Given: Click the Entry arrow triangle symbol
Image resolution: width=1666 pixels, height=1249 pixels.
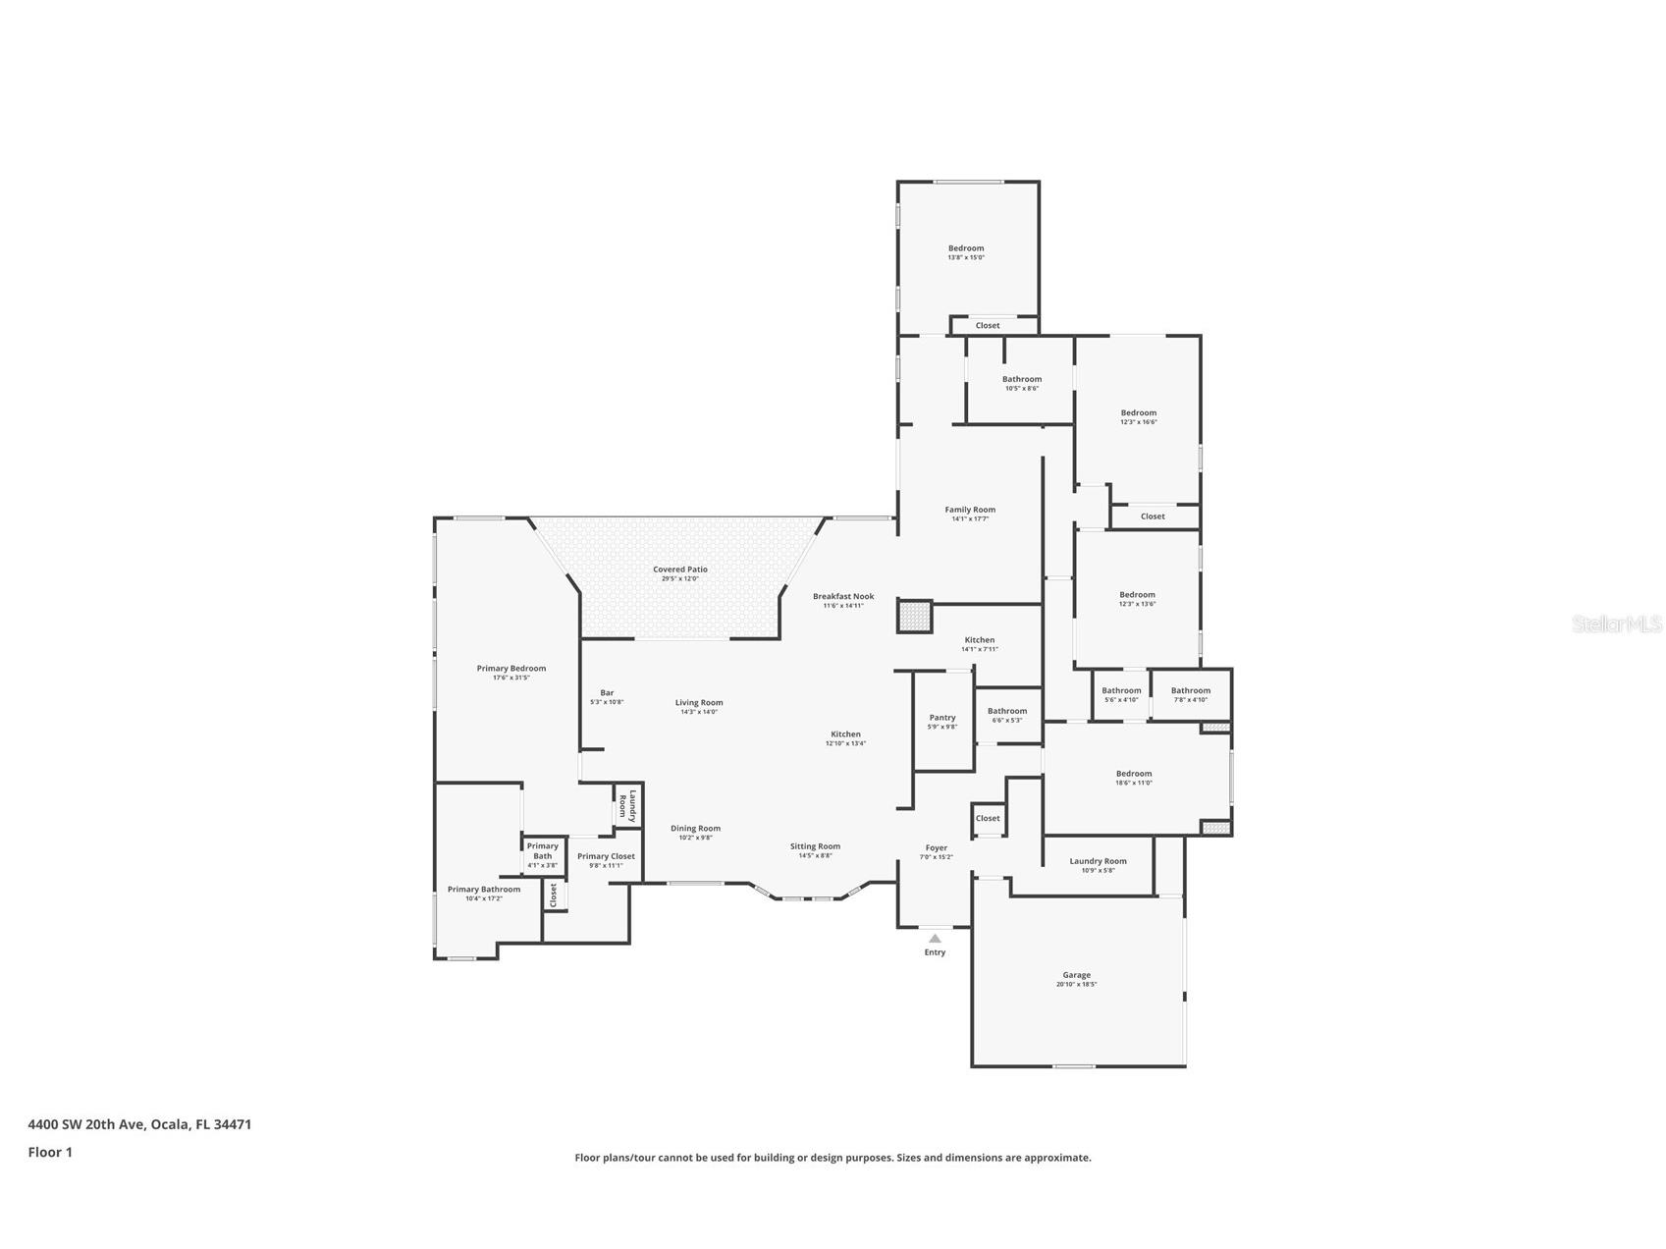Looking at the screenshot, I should (x=935, y=939).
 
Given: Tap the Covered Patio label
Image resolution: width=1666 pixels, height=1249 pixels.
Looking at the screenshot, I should (x=680, y=570).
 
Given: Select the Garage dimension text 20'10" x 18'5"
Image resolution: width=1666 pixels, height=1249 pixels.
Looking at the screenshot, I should (x=1076, y=984).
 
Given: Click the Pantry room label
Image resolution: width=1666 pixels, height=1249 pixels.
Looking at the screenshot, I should (x=941, y=718).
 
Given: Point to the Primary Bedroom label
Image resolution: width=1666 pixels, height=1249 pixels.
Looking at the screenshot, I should (x=511, y=669).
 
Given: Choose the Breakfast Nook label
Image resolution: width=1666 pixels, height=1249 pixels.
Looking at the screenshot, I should (x=842, y=596).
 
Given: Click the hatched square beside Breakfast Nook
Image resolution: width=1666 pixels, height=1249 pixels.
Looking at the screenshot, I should (x=913, y=617).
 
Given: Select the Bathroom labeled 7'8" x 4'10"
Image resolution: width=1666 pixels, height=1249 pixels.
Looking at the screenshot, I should (x=1190, y=690).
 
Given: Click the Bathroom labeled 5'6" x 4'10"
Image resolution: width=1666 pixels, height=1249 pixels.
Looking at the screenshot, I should (x=1121, y=690).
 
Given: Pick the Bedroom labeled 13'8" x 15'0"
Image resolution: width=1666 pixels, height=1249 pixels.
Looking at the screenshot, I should (x=965, y=248).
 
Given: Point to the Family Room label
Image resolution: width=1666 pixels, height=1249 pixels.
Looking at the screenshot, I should (x=970, y=510).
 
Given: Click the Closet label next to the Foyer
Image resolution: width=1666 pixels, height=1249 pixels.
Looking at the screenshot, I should (x=988, y=818).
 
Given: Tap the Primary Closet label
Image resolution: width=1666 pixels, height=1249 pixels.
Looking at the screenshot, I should (x=606, y=856).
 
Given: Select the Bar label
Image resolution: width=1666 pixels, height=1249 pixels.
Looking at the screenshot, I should (x=607, y=693).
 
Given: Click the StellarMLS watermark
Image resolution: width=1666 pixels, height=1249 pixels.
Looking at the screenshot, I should (x=1616, y=624).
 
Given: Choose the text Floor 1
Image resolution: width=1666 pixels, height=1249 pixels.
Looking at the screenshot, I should (x=50, y=1153).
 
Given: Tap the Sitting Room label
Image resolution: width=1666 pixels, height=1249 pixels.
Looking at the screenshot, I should (x=815, y=846).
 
